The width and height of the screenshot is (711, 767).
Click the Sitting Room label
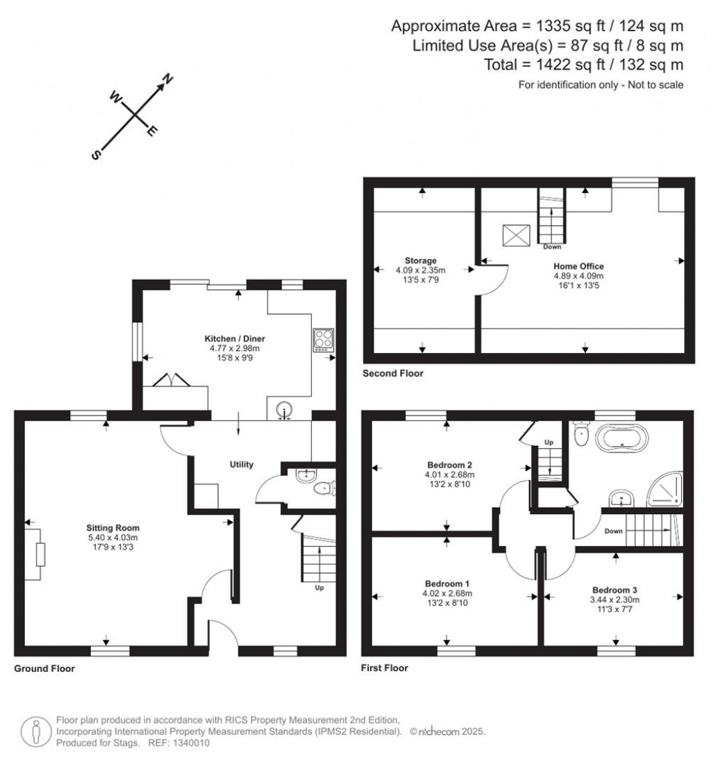click(113, 528)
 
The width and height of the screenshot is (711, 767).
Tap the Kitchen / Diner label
click(235, 338)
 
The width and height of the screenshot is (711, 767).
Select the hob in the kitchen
click(324, 340)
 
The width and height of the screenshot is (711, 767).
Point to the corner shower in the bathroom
click(666, 490)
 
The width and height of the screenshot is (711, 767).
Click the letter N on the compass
click(168, 78)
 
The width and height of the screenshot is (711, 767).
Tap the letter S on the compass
click(96, 154)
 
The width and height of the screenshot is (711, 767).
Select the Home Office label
click(578, 266)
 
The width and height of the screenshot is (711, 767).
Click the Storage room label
click(421, 261)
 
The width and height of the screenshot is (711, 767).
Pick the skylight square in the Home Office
click(517, 236)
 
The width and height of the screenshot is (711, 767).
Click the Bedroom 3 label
click(614, 590)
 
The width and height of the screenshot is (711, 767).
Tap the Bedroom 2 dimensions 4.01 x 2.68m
click(449, 475)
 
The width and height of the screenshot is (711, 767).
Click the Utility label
click(242, 464)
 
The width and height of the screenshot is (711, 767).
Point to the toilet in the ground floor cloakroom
click(324, 488)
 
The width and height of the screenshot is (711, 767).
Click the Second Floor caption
click(393, 373)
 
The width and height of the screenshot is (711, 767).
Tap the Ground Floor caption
click(44, 668)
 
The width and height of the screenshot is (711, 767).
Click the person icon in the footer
click(35, 732)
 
